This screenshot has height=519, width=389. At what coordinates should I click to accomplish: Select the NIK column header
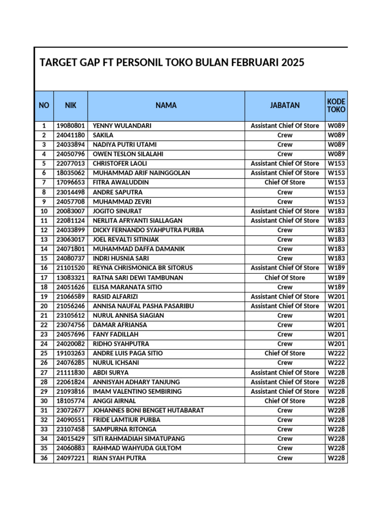coord(70,105)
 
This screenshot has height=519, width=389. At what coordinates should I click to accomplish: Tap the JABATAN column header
coord(285,105)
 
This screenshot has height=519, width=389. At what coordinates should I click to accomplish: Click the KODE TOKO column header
coord(336,105)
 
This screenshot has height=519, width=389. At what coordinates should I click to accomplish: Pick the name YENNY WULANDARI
coord(122,125)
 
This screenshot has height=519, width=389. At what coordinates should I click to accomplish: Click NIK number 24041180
coord(70,135)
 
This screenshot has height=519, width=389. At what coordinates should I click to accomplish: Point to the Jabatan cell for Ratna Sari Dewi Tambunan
coord(285,278)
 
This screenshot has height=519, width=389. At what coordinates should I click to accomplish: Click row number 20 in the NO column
coord(44,306)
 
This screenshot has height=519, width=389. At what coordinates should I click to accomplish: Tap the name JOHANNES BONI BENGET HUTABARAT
coord(148,411)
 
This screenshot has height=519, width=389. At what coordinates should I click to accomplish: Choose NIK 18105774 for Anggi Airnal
coord(70,401)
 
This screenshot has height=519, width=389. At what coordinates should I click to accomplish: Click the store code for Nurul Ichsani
coord(336,363)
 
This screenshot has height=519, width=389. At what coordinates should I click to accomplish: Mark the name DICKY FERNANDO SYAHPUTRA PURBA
coord(148,230)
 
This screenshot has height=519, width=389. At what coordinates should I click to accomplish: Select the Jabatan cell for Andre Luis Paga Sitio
coord(285,353)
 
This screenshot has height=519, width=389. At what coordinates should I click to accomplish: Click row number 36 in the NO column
coord(44,458)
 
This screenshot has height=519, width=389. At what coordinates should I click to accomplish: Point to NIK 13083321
coord(70,278)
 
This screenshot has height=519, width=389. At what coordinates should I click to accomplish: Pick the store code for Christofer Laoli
coord(336,163)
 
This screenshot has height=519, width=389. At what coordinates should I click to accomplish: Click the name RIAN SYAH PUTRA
coord(120,458)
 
